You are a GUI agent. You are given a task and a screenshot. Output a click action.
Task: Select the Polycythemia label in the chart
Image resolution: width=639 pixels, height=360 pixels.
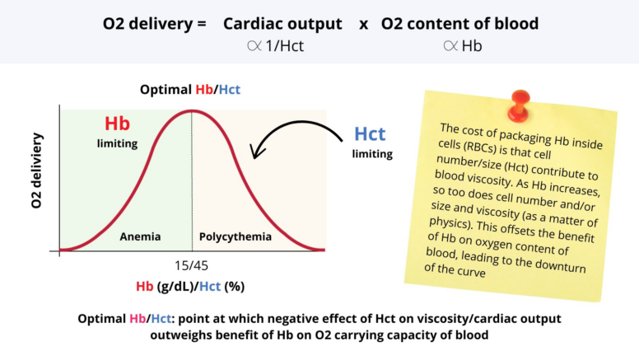236,236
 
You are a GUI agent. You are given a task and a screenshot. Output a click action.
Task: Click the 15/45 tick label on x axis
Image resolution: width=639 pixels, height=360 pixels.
192,266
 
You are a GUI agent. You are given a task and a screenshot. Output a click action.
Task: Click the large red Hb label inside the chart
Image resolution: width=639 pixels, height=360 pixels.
117,124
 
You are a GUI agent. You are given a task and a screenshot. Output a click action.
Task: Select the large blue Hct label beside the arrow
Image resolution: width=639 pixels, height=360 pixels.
371,133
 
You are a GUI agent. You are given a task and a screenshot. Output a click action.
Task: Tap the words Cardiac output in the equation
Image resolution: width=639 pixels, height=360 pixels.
282,24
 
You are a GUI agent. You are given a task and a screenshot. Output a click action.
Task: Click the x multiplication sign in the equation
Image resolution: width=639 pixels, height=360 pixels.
362,24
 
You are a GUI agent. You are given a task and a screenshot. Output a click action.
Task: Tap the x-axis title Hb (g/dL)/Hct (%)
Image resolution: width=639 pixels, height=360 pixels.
191,286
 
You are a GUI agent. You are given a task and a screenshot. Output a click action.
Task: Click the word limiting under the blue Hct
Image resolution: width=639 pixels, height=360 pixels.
372,153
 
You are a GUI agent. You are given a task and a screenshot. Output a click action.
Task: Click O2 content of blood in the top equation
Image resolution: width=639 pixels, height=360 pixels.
459,24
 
